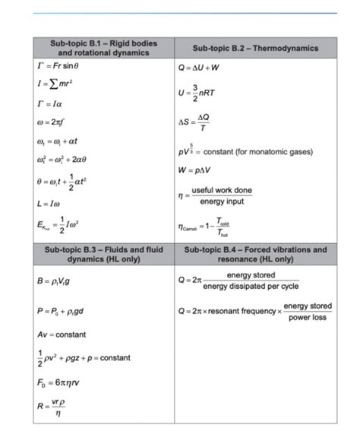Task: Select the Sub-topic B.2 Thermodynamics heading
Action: [x=251, y=48]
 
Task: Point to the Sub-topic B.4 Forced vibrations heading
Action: [x=251, y=254]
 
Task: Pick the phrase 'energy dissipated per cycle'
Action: [x=251, y=286]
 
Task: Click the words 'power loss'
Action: [x=308, y=317]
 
